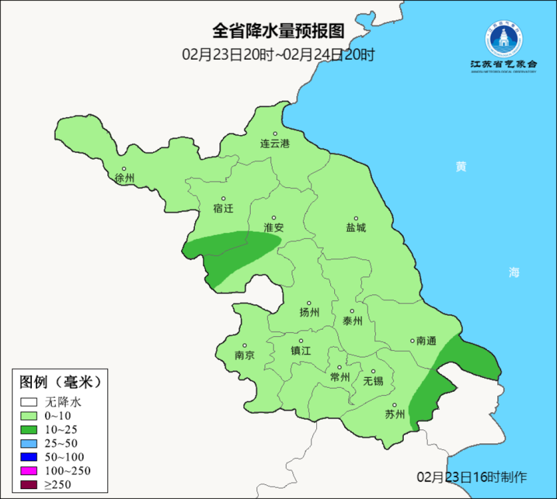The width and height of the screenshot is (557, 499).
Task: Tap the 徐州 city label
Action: point(124,178)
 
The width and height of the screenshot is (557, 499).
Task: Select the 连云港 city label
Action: point(274,144)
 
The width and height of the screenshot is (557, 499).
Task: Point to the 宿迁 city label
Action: point(223,209)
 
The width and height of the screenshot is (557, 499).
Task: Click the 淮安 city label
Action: point(274,228)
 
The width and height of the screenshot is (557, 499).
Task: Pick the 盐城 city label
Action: point(356,228)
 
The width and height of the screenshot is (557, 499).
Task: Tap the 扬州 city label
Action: point(309,313)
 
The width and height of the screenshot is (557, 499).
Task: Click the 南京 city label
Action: point(244,355)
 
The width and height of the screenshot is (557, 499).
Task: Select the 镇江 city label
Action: point(301,351)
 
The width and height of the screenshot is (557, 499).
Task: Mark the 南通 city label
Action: point(426,341)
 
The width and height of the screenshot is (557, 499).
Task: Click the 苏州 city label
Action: point(395,415)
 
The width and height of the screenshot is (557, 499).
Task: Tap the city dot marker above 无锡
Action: point(374,371)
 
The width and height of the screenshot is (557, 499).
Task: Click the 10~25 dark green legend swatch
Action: point(29,429)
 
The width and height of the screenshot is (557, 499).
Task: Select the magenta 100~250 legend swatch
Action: point(29,470)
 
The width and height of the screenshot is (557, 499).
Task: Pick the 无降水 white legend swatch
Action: point(29,402)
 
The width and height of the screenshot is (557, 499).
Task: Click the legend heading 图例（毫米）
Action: point(60,382)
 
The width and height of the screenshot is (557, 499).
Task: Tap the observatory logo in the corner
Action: point(504,41)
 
